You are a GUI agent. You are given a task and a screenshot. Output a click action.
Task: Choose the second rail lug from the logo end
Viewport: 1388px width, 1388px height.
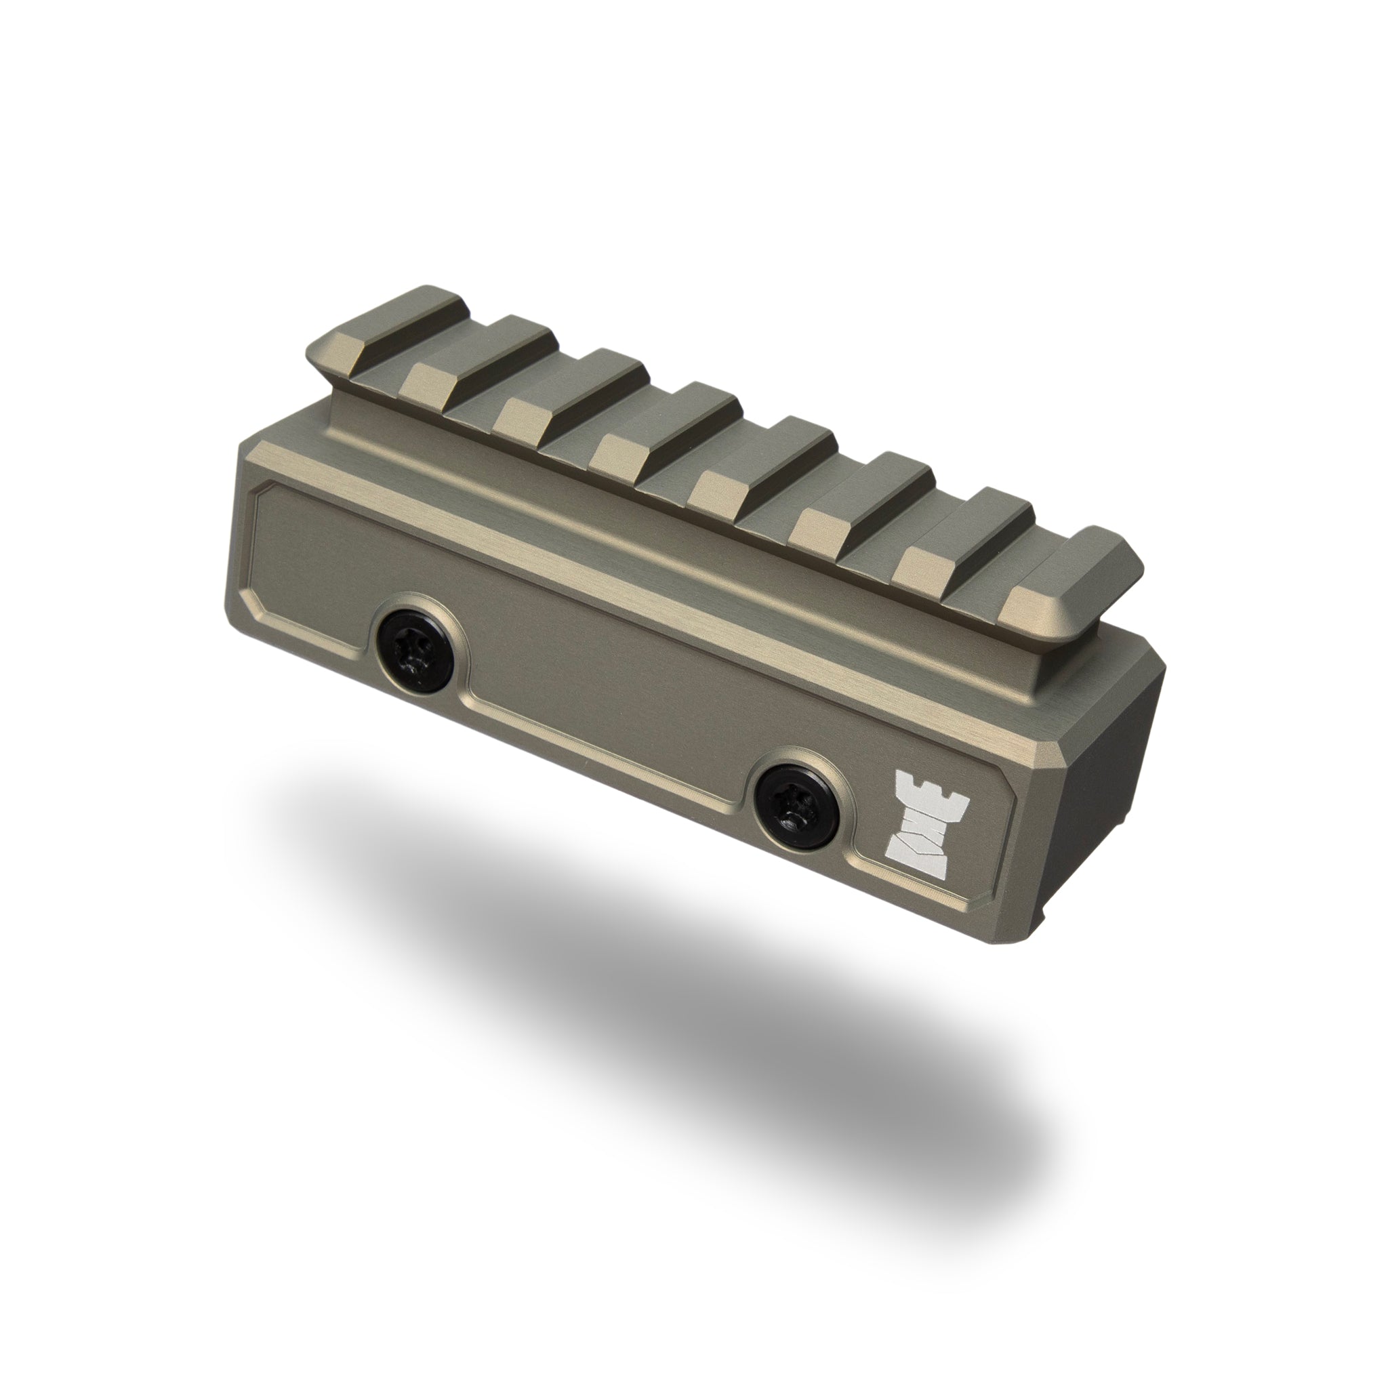[970, 535]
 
